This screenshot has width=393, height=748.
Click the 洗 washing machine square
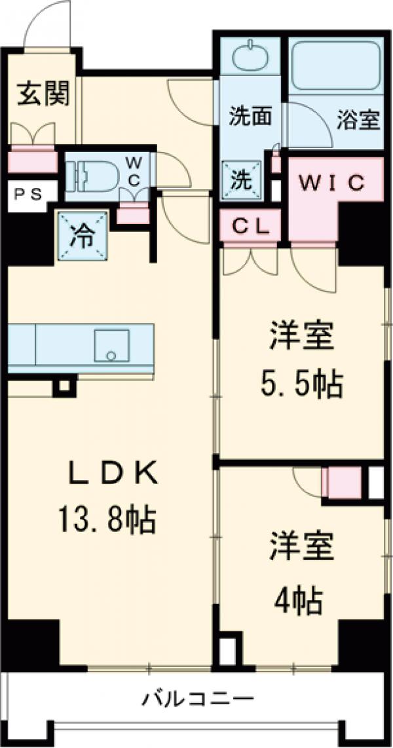(x=242, y=178)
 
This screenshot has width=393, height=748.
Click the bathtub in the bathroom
(x=335, y=65)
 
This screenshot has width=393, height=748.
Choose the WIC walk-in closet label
(x=332, y=184)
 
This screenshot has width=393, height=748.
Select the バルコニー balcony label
(x=199, y=700)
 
